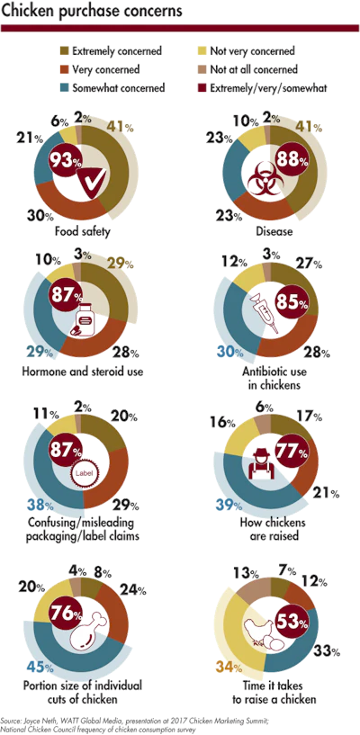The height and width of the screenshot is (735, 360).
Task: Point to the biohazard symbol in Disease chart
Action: (259, 182)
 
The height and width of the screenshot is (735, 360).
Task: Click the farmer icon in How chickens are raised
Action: (259, 463)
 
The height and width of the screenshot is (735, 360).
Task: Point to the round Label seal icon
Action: (85, 474)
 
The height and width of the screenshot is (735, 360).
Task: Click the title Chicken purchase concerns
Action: (92, 12)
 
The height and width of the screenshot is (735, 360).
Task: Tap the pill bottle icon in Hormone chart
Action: (84, 318)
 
